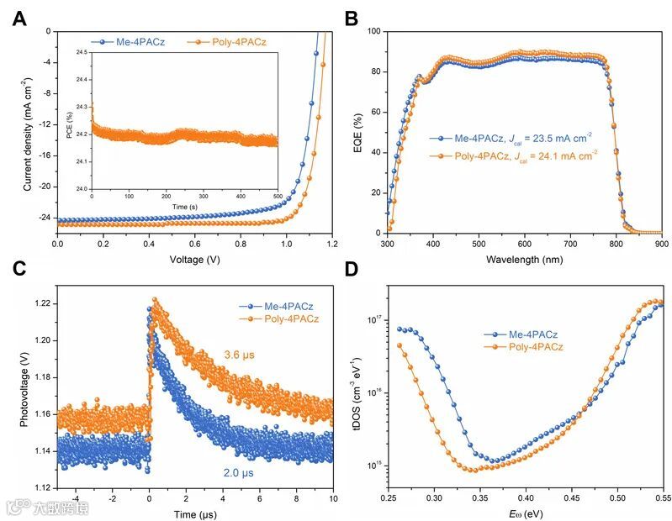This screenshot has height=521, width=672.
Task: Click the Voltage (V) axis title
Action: click(195, 259)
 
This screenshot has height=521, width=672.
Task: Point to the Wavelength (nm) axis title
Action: click(524, 259)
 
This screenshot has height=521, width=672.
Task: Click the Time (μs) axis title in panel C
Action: click(195, 512)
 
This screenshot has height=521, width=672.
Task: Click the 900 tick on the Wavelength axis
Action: click(661, 244)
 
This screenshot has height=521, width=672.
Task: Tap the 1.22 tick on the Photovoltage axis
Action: click(42, 303)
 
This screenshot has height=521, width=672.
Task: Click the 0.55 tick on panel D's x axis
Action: click(662, 497)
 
